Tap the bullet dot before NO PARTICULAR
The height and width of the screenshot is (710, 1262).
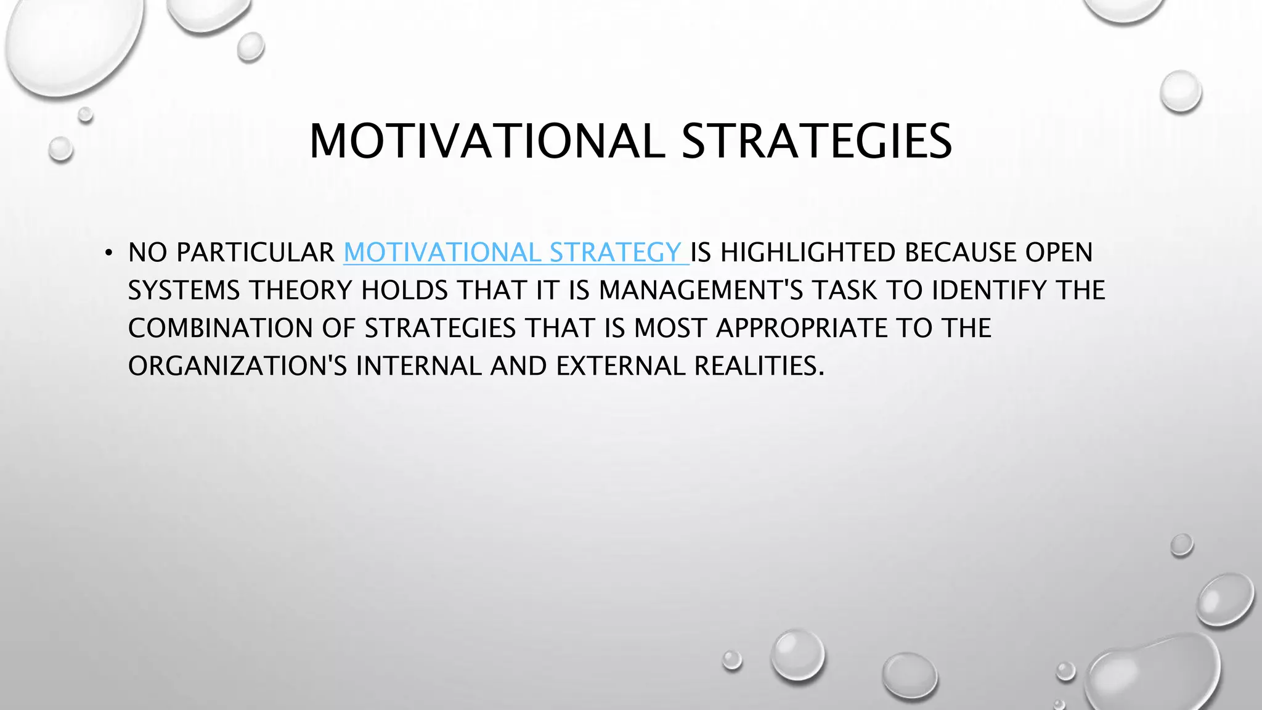point(108,253)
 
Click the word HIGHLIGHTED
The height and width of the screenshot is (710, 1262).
point(807,253)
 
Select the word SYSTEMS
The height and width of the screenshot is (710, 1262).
point(184,290)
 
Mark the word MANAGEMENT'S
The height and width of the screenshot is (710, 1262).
point(701,290)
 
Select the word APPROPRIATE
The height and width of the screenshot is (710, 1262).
point(802,328)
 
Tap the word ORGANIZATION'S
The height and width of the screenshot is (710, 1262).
point(237,366)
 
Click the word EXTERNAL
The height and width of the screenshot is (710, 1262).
point(621,366)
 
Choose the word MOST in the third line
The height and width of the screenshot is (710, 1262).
point(670,328)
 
